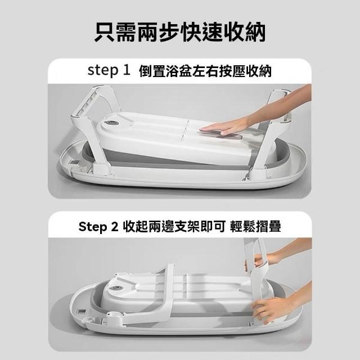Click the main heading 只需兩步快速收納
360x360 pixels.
(x=180, y=32)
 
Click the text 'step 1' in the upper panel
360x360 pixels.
(x=109, y=70)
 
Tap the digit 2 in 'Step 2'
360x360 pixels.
(x=114, y=227)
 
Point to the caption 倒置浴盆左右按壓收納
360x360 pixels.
(x=205, y=71)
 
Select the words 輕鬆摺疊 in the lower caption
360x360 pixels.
(x=255, y=226)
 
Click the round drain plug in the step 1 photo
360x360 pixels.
(x=111, y=124)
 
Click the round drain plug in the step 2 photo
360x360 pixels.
(x=116, y=289)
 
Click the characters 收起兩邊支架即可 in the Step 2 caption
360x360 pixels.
(x=174, y=227)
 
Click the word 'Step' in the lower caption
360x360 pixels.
(x=93, y=227)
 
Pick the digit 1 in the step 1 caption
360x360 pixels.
(x=127, y=70)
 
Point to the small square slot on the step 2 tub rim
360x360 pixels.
(x=82, y=312)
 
